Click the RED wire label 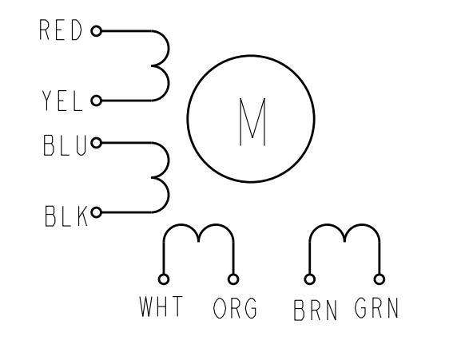click(61, 30)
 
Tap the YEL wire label click(62, 101)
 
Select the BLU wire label click(65, 145)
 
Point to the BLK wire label click(66, 216)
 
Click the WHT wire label click(161, 307)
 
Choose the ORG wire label click(235, 308)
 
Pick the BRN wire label click(316, 311)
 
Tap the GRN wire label click(376, 308)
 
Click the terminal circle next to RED click(97, 31)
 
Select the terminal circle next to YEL click(97, 101)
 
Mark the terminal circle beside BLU click(97, 143)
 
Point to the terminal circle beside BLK click(97, 212)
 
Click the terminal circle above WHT click(164, 279)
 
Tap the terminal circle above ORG click(233, 279)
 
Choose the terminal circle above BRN click(310, 279)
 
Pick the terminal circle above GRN click(380, 279)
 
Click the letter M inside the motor click(252, 122)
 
